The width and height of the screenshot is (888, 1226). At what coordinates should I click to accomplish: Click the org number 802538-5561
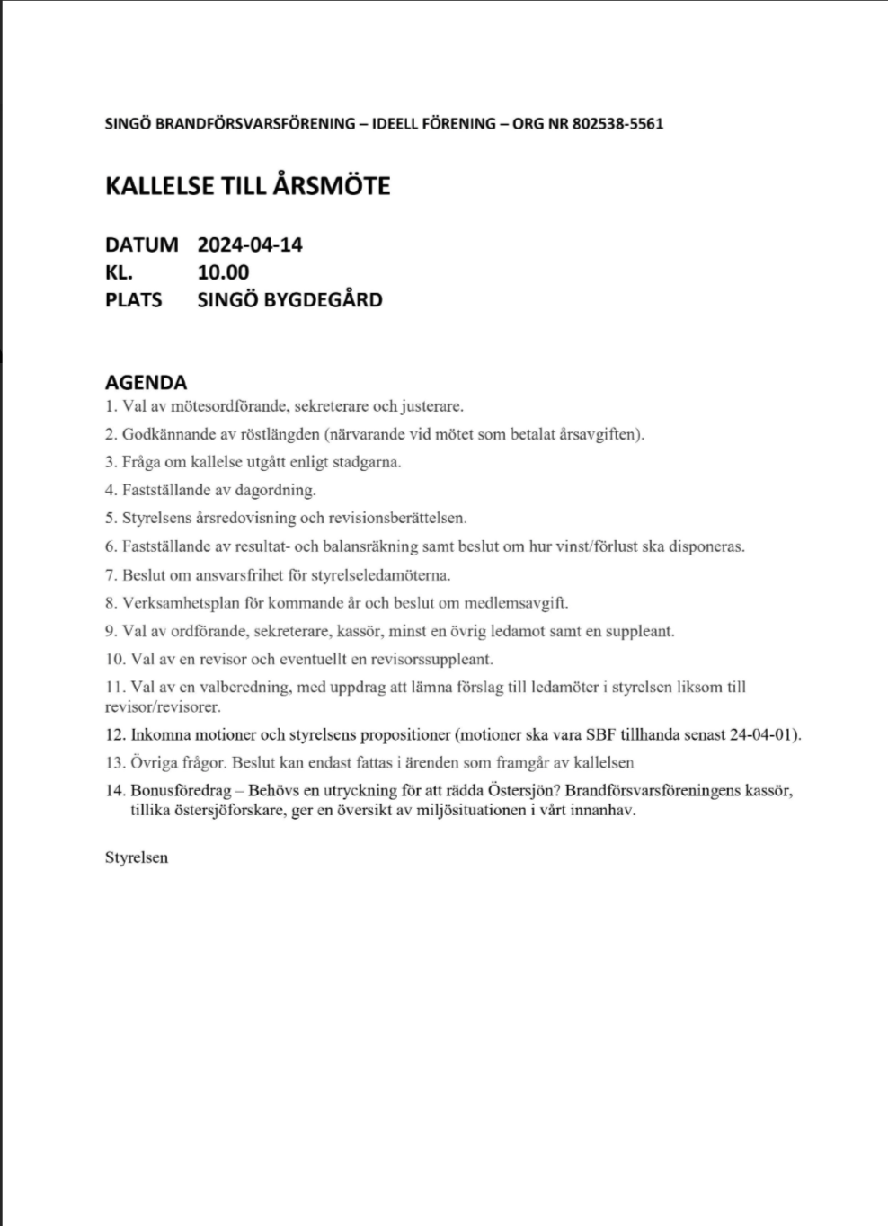pyautogui.click(x=617, y=124)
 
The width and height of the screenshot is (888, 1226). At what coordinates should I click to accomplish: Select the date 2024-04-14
pyautogui.click(x=250, y=244)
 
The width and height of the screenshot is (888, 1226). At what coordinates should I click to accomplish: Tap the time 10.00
pyautogui.click(x=223, y=272)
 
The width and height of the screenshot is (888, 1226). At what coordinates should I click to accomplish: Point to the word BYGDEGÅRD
pyautogui.click(x=323, y=300)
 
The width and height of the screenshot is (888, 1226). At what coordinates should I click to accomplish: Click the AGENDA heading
pyautogui.click(x=146, y=382)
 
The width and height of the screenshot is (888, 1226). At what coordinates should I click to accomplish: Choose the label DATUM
pyautogui.click(x=141, y=244)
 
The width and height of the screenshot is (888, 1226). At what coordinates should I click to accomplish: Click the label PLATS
pyautogui.click(x=133, y=300)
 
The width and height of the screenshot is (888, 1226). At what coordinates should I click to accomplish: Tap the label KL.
pyautogui.click(x=119, y=272)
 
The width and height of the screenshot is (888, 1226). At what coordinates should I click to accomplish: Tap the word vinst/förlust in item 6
pyautogui.click(x=593, y=546)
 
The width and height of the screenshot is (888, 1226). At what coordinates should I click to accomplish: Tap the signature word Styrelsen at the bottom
pyautogui.click(x=137, y=857)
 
